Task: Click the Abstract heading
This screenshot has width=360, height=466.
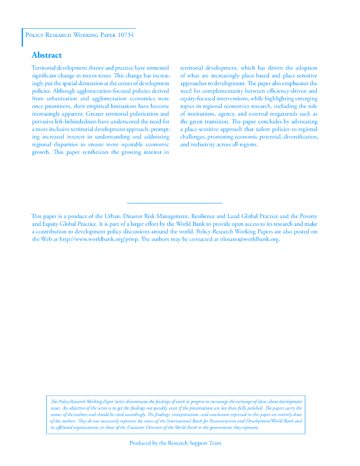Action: (x=46, y=56)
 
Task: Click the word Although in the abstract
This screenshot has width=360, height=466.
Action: (x=63, y=91)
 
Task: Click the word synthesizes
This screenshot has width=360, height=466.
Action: (x=96, y=152)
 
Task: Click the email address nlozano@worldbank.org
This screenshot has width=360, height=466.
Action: (x=249, y=239)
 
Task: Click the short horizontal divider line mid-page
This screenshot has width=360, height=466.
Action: (x=174, y=203)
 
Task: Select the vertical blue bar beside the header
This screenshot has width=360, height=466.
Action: (x=22, y=37)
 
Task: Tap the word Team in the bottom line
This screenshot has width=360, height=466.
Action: (x=215, y=443)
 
